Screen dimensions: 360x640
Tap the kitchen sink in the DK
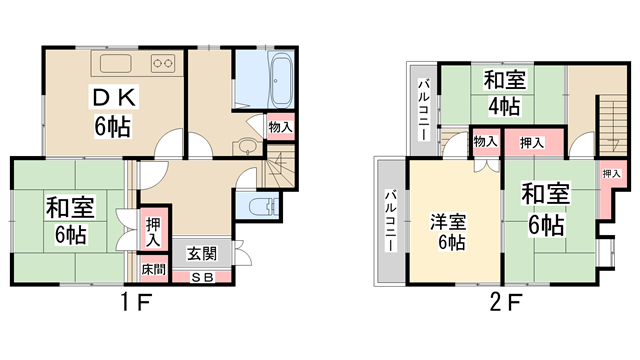point(115,65)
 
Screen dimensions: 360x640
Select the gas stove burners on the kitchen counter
point(163,65)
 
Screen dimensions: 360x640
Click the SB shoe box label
point(202,276)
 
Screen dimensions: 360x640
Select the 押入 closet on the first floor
point(152,232)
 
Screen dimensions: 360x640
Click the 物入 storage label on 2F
point(485,142)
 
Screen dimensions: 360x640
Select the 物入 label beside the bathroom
point(281,127)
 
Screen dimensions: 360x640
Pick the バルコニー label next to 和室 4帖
point(423,108)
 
